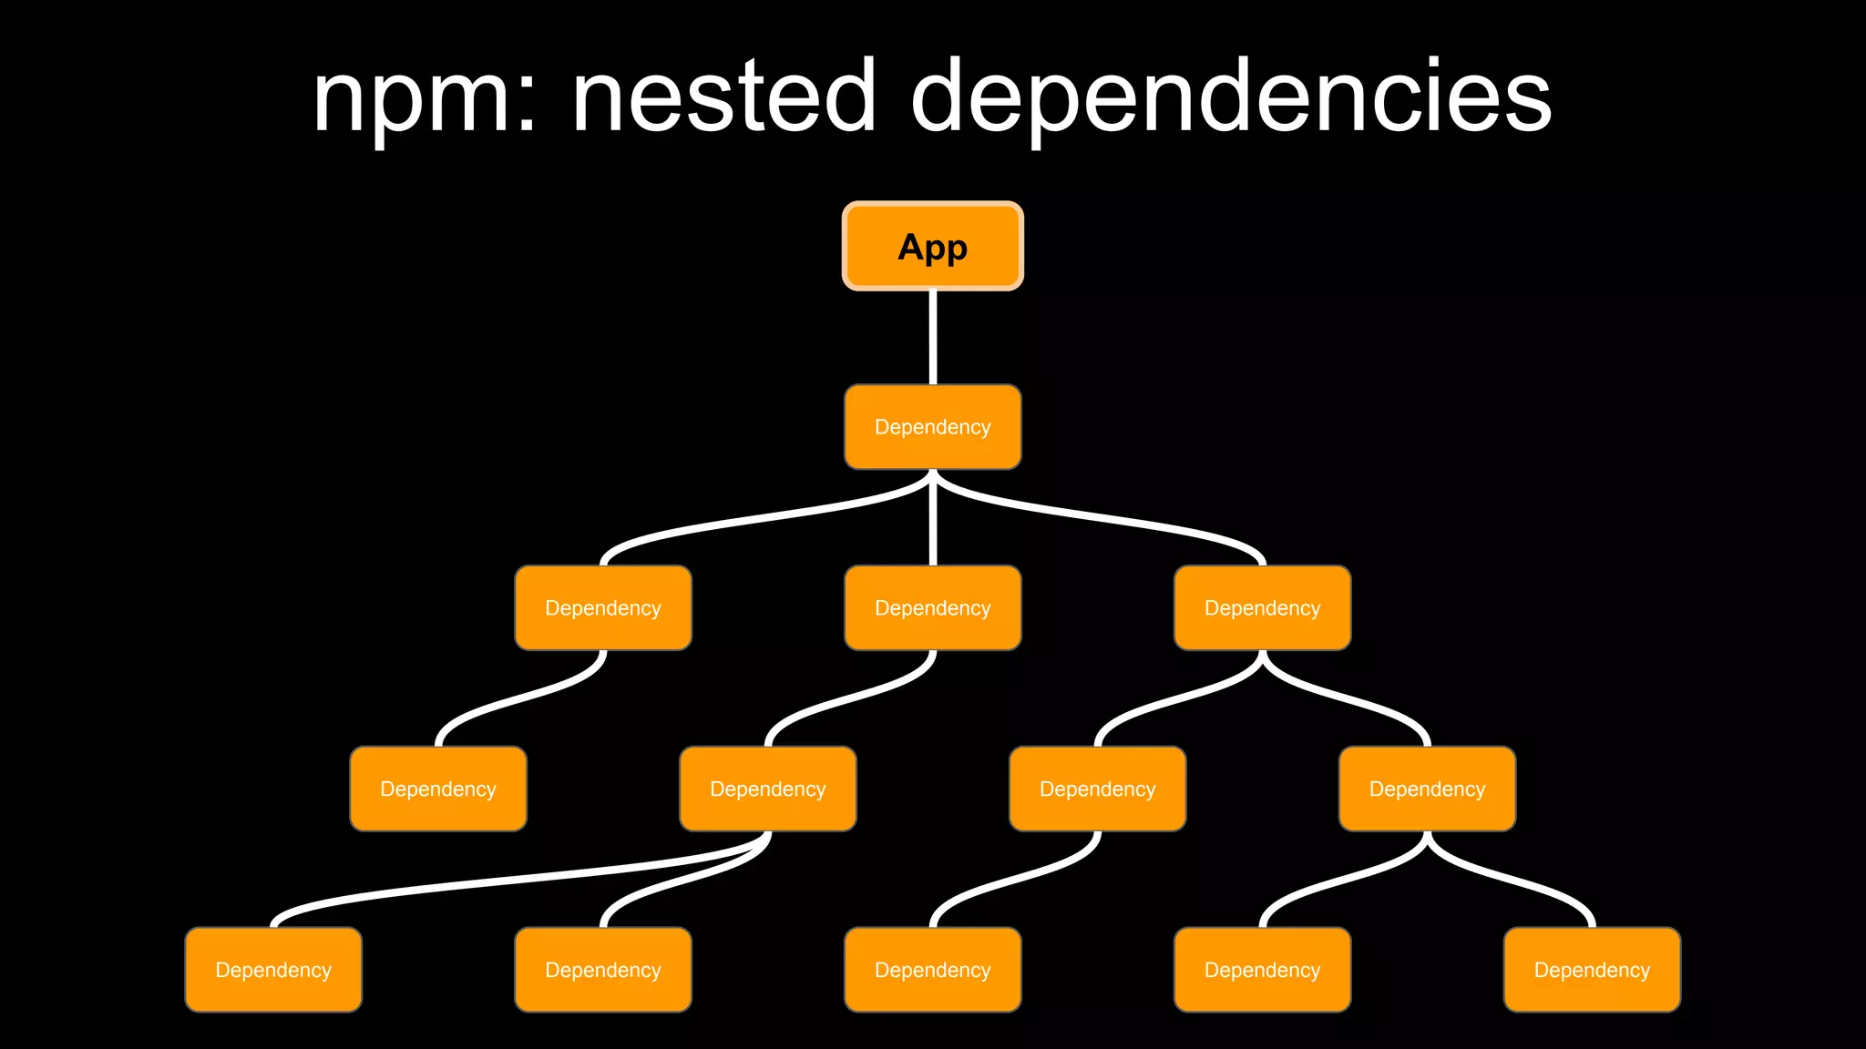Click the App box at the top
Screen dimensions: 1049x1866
pyautogui.click(x=932, y=246)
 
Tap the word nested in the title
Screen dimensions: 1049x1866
pyautogui.click(x=724, y=96)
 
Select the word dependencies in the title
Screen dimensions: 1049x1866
pyautogui.click(x=1230, y=98)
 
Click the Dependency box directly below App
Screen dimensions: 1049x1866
pyautogui.click(x=932, y=427)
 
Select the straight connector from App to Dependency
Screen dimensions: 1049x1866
pyautogui.click(x=932, y=337)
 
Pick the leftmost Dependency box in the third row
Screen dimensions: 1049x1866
pyautogui.click(x=602, y=608)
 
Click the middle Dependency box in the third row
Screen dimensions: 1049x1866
pyautogui.click(x=932, y=608)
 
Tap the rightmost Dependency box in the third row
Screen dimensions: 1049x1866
pyautogui.click(x=1262, y=608)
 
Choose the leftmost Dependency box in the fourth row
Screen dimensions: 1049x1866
pyautogui.click(x=437, y=789)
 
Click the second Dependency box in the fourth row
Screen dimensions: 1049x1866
pyautogui.click(x=767, y=789)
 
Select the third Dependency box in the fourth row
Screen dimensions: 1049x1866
pyautogui.click(x=1097, y=789)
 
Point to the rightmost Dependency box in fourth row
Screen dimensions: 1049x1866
pyautogui.click(x=1427, y=789)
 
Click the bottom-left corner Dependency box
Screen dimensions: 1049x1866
pyautogui.click(x=272, y=970)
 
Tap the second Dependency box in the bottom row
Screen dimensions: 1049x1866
pyautogui.click(x=602, y=970)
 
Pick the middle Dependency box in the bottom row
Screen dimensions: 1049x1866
pyautogui.click(x=932, y=970)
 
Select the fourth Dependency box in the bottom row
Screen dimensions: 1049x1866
pyautogui.click(x=1262, y=970)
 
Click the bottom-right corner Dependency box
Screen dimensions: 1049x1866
pyautogui.click(x=1592, y=970)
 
